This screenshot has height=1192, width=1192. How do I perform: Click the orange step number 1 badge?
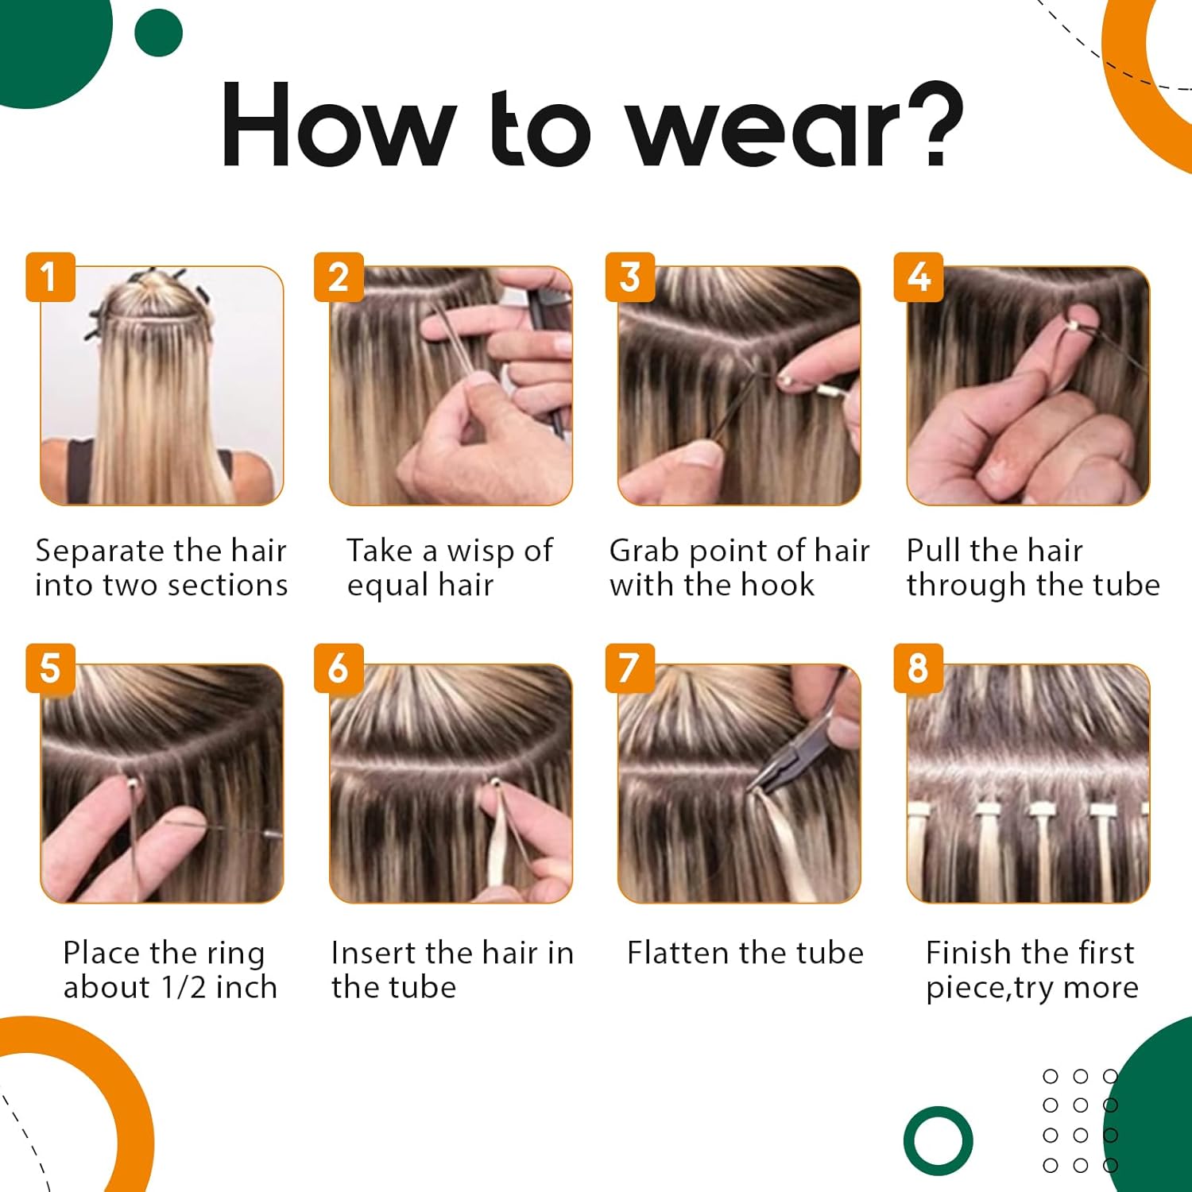click(x=50, y=277)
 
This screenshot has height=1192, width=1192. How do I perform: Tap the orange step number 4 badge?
click(x=919, y=277)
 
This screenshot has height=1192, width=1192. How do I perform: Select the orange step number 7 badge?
click(x=630, y=668)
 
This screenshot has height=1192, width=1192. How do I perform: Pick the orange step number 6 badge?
click(x=339, y=668)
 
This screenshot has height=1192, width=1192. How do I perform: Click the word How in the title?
click(x=339, y=125)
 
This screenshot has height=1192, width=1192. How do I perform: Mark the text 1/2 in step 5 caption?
click(x=184, y=987)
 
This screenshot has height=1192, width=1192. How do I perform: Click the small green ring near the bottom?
click(x=938, y=1140)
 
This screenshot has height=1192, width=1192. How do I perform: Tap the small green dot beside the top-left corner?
click(x=159, y=33)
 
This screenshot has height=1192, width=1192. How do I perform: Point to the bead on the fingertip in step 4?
click(x=1078, y=325)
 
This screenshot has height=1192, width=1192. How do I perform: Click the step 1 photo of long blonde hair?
click(x=162, y=386)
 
